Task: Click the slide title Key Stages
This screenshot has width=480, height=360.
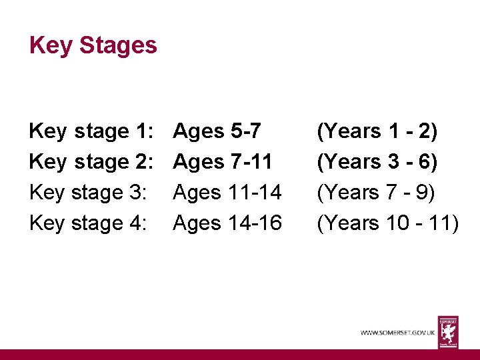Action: [x=93, y=45]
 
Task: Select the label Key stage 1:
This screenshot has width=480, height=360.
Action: [x=92, y=131]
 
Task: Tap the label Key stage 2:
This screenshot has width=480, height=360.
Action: [x=92, y=162]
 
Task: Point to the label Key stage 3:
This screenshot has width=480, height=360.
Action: [x=87, y=193]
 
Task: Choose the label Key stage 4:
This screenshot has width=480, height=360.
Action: [x=87, y=223]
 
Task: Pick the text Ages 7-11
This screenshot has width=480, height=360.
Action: [x=222, y=162]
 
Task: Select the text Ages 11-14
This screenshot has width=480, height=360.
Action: [x=227, y=193]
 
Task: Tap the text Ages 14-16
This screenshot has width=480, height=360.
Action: [x=227, y=223]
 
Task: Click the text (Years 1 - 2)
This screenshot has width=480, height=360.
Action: [x=377, y=131]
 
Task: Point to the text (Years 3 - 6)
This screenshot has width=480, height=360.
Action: [x=377, y=162]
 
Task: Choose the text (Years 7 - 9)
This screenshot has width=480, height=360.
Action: [x=376, y=193]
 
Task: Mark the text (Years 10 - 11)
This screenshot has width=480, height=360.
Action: [x=388, y=223]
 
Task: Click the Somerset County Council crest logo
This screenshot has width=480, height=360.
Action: [x=448, y=331]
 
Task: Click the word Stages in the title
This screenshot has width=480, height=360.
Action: [x=118, y=45]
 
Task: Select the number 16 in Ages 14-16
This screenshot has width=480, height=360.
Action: [x=269, y=223]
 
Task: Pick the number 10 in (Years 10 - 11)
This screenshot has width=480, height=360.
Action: [x=399, y=223]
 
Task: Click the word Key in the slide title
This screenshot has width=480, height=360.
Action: [x=51, y=45]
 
